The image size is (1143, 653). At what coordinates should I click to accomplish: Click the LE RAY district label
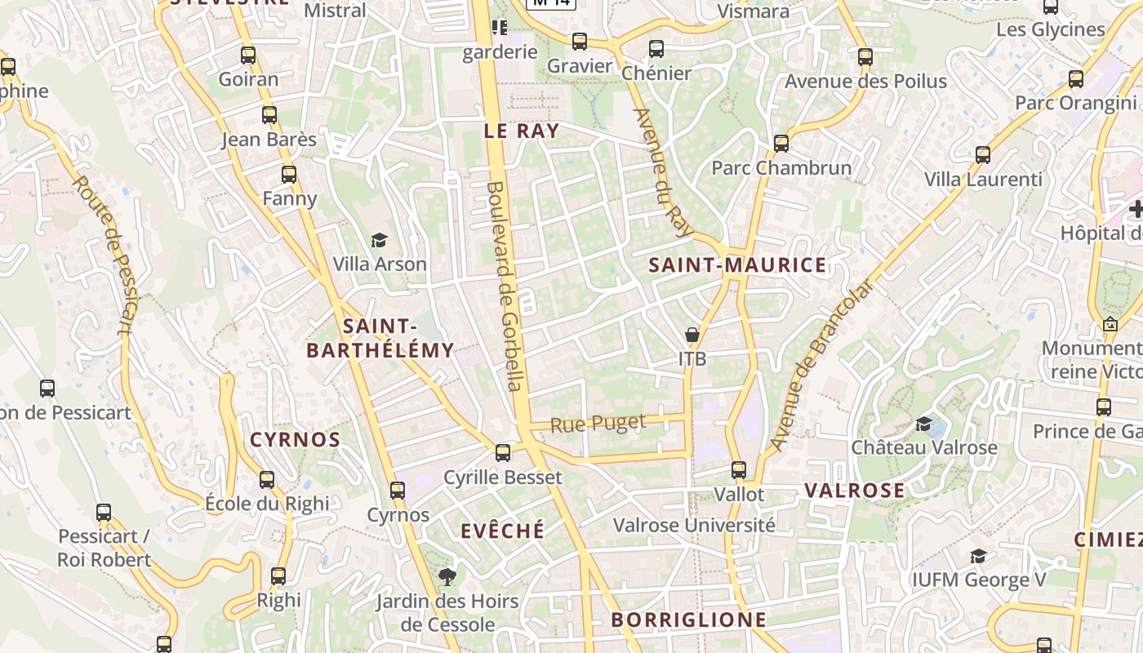pos(521,131)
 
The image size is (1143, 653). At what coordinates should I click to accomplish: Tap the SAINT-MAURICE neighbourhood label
pos(737,265)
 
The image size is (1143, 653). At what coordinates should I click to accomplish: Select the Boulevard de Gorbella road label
pos(504,286)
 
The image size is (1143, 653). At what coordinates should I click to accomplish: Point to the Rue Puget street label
pos(598,424)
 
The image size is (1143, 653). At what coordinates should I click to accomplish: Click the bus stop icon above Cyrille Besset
pos(503,452)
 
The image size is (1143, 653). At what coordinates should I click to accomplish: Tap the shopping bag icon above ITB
pos(692,335)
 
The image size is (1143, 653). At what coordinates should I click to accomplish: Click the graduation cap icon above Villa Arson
pos(379,240)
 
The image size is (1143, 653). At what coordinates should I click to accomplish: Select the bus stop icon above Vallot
pos(739,470)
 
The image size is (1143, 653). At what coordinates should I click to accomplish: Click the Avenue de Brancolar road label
pos(821,365)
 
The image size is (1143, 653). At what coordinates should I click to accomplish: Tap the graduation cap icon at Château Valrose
pos(923,424)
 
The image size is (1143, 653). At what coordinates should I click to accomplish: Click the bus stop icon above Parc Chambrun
pos(781,144)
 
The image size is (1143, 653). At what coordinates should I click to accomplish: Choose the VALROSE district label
pos(854,491)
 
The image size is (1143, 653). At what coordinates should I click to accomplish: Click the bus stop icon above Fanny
pos(289,174)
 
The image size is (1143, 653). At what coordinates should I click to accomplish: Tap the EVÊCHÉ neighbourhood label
pos(502,531)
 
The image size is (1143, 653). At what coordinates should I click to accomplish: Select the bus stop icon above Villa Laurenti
pos(983,155)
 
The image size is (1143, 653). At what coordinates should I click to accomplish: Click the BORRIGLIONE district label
pos(689,620)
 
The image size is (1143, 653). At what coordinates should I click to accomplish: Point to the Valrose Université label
pos(694,525)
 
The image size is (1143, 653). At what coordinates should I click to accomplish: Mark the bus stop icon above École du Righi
pos(267,480)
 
